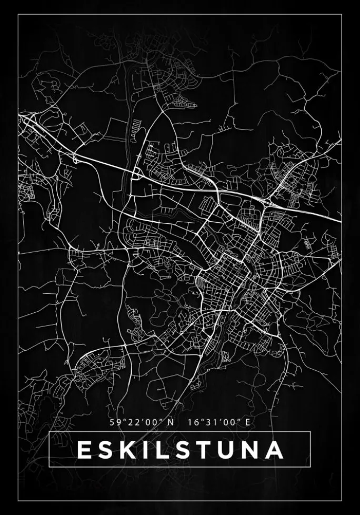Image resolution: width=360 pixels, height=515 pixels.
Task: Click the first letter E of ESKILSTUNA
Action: point(84,450)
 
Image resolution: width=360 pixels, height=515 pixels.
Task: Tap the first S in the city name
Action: point(106,450)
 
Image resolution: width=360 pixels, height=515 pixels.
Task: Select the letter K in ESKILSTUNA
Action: point(128,450)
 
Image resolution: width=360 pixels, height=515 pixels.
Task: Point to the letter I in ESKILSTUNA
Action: point(146,450)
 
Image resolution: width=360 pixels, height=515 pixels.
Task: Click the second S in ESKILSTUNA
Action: point(182,450)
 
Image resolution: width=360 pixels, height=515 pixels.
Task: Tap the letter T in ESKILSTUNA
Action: point(204,450)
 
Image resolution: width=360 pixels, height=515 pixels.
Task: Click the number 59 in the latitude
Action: point(115,422)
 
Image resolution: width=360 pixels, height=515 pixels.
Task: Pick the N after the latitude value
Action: point(169,422)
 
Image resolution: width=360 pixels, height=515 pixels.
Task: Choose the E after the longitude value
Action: point(245,422)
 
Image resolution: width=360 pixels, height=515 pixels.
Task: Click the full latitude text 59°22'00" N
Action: point(141,422)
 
